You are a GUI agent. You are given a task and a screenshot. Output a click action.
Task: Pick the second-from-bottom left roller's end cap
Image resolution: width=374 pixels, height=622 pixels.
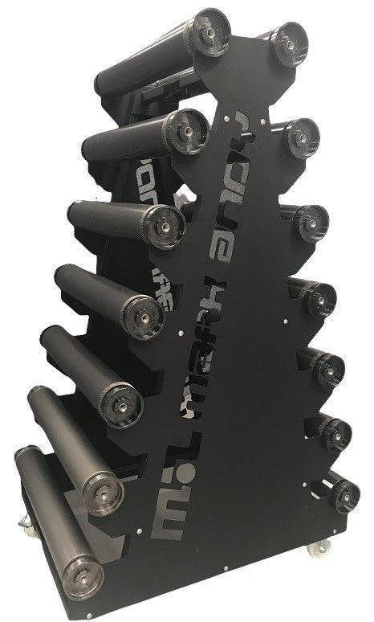(102, 490)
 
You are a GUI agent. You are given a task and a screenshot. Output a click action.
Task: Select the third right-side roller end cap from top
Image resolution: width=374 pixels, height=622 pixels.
(311, 223)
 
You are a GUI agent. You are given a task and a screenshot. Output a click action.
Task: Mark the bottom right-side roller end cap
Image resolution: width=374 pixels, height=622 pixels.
(344, 495)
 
